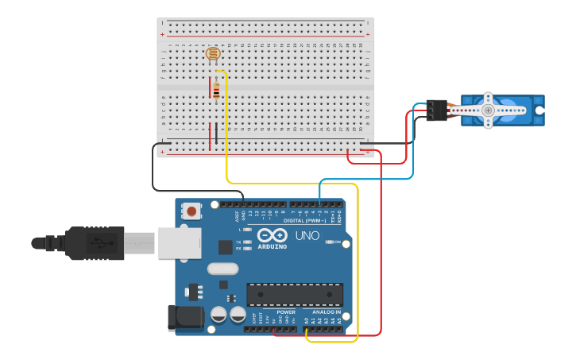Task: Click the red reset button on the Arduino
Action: [x=191, y=211]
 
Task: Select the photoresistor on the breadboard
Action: [x=213, y=54]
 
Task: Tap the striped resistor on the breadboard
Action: [x=216, y=92]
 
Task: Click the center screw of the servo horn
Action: [x=488, y=110]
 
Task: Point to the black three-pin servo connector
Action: [x=435, y=110]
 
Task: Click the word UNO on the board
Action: [x=307, y=236]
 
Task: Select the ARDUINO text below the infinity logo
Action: [x=272, y=247]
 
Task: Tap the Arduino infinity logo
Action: [x=273, y=235]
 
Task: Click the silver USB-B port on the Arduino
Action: [x=179, y=242]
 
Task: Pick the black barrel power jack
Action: [x=181, y=318]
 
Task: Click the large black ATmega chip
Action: [x=295, y=294]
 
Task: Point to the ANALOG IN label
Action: [x=326, y=312]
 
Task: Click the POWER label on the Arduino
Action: [x=285, y=312]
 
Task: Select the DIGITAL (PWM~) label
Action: [x=304, y=221]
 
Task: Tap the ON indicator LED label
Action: [x=337, y=242]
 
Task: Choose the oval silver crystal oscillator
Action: [x=223, y=269]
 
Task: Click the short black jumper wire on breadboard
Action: [x=216, y=133]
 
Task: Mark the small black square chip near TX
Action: [x=225, y=247]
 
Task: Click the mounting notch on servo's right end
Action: [x=539, y=110]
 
